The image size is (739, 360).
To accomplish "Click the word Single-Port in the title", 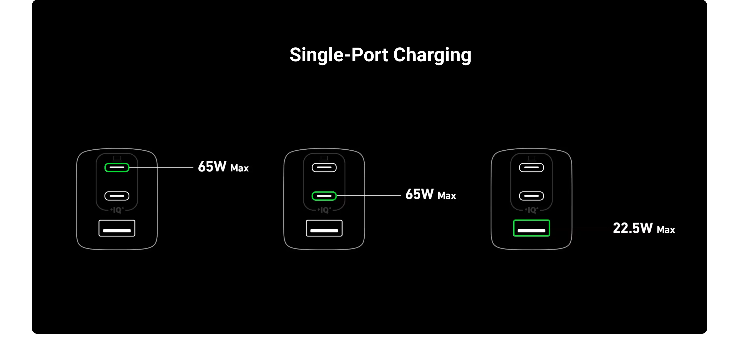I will (339, 55).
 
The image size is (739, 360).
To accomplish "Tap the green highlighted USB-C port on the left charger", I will (117, 168).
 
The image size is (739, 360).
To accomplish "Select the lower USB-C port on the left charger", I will (117, 196).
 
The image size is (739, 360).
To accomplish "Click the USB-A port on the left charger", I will (117, 228).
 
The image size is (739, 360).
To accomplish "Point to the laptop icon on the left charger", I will (117, 158).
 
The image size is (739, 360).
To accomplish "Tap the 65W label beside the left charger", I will (212, 167).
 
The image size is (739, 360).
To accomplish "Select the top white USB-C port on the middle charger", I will (324, 168).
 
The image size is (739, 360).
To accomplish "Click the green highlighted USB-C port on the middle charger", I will (324, 196).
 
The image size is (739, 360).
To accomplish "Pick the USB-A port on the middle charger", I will (324, 228).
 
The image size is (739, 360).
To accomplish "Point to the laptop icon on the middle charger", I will (324, 158).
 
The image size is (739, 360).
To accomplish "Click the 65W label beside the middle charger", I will (419, 195).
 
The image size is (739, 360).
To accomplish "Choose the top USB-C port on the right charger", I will (531, 168).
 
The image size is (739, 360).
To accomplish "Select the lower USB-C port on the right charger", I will (531, 196).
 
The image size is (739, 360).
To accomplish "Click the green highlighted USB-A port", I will (531, 228).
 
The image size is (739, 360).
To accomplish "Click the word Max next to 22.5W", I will (666, 230).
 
